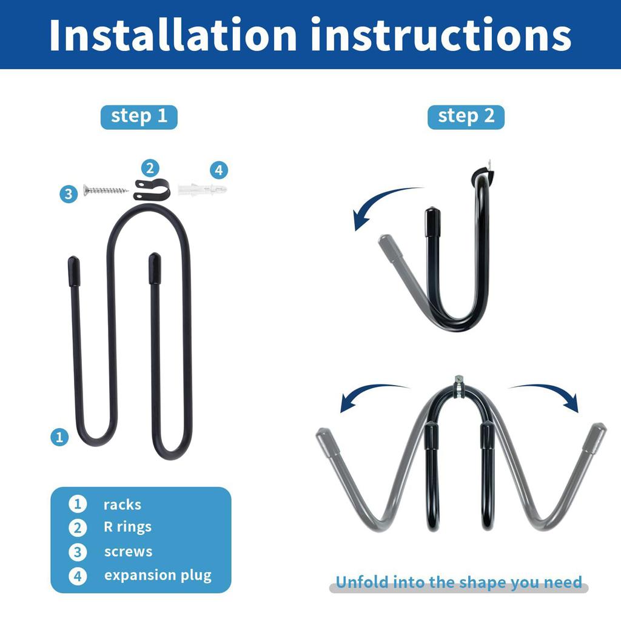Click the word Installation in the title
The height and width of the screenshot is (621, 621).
point(173,35)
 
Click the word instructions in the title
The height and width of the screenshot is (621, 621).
point(441,35)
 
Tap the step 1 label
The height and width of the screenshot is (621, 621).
point(139,116)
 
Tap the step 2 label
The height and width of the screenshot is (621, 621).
point(466,116)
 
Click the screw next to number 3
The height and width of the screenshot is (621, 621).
point(106,191)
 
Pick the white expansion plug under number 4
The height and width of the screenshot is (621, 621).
point(202,190)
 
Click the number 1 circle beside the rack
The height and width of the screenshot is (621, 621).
point(59,437)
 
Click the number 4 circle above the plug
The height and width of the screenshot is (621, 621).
point(218,170)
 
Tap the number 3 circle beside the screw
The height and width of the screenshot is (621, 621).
point(69,194)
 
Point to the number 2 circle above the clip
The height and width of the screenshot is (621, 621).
point(150,168)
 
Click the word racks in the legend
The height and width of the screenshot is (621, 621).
point(122,505)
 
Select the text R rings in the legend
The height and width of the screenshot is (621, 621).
point(127,527)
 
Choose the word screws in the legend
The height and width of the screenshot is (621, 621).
point(128,552)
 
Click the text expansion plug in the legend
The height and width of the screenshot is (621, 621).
point(158,576)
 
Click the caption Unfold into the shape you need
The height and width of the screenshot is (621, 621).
point(458,583)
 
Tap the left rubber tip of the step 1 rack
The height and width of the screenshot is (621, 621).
point(73,271)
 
